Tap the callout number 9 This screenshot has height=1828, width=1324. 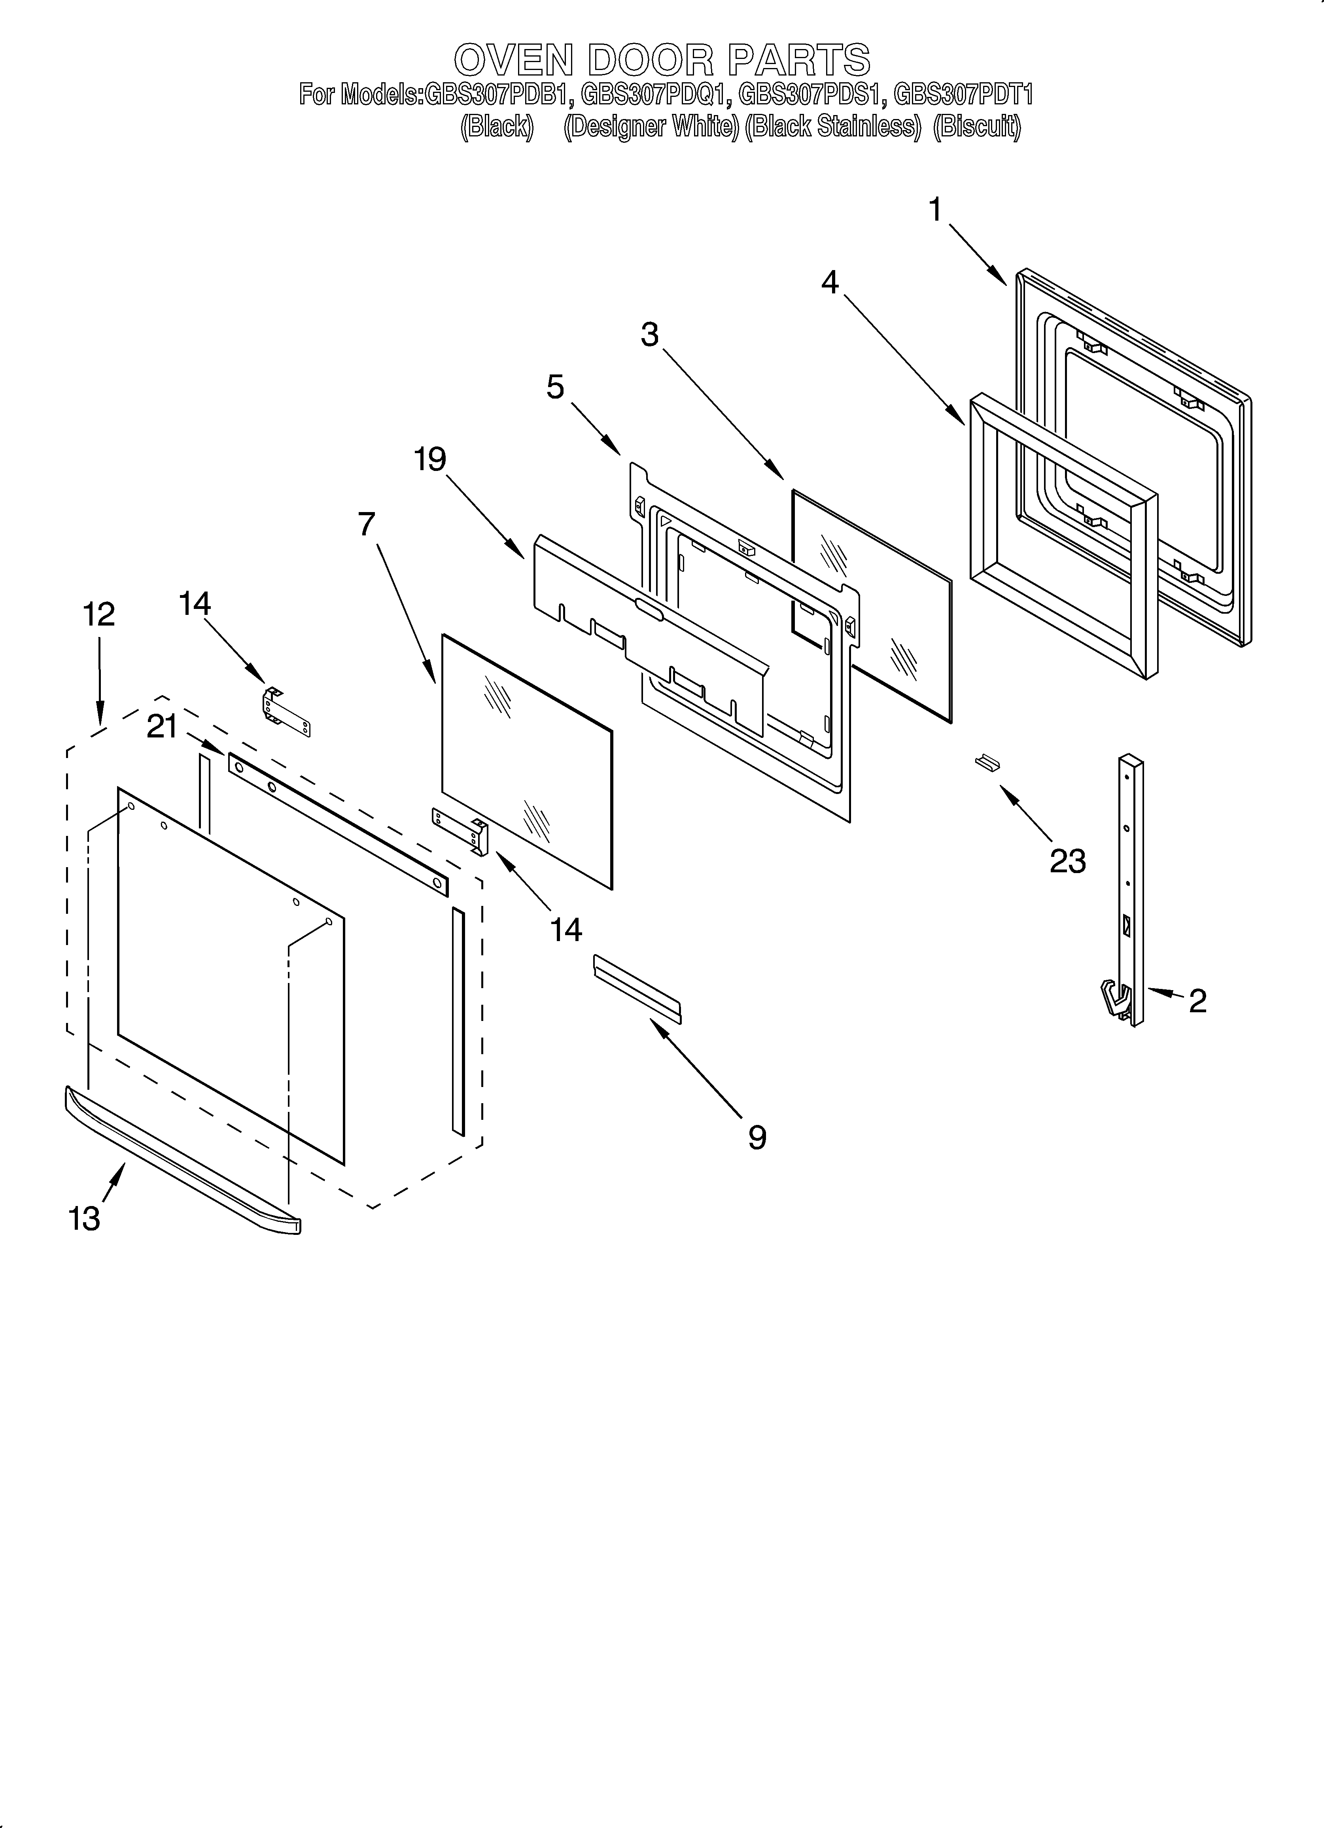click(x=757, y=1137)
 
